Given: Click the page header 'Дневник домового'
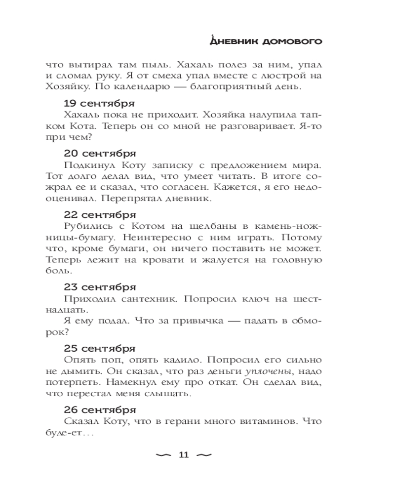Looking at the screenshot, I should tap(266, 41).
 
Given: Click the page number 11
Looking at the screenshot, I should tap(183, 455).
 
